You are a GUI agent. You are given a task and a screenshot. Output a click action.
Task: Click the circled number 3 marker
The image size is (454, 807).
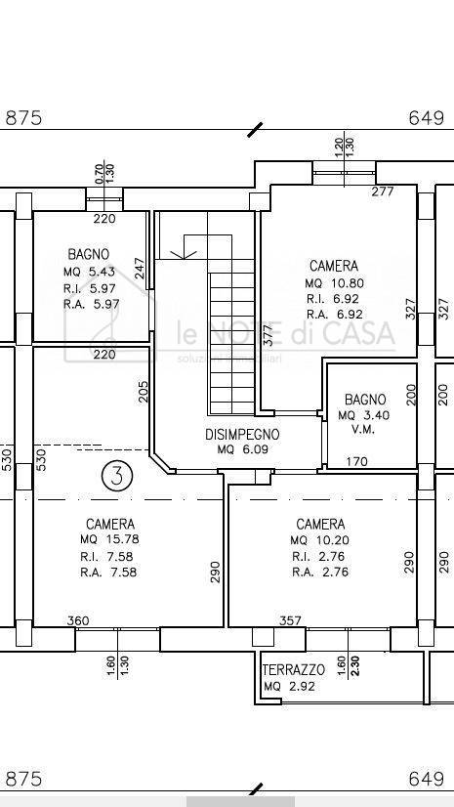point(117,476)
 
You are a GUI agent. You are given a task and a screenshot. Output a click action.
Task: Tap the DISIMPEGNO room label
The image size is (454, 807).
point(242,434)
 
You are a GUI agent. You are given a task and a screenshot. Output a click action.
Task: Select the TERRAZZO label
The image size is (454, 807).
point(293,670)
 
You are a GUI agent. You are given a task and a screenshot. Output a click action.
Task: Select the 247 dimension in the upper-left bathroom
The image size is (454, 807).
point(140,269)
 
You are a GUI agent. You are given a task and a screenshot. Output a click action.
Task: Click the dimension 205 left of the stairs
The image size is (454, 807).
point(144,391)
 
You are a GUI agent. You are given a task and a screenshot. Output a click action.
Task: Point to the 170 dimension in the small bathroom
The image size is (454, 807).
point(357,461)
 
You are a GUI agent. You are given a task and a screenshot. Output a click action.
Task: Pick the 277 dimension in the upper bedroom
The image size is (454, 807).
point(383,191)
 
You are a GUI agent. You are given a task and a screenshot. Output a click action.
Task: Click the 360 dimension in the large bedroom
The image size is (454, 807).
point(78,620)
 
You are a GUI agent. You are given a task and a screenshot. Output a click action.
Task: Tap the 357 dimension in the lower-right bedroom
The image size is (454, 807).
point(290,620)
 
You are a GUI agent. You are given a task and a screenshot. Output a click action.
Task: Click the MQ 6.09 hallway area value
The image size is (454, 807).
point(241,449)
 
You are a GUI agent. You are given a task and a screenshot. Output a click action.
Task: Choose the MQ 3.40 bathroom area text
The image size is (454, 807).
point(364,415)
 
